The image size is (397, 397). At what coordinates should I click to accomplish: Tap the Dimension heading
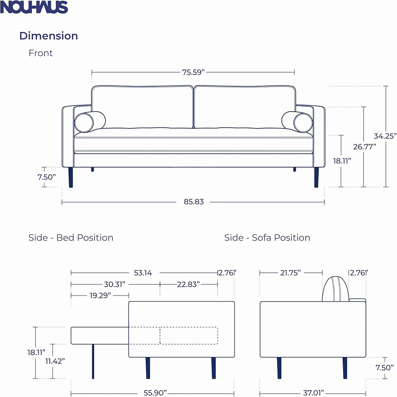(x=48, y=36)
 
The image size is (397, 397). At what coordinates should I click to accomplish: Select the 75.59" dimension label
(x=193, y=72)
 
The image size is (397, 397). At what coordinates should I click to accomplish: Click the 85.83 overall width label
(x=193, y=202)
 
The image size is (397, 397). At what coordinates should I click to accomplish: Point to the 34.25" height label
(x=385, y=136)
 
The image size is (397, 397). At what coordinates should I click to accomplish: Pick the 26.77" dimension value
(x=364, y=146)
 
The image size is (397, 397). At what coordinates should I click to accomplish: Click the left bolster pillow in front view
(x=90, y=122)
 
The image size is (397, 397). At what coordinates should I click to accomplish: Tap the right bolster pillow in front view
(x=297, y=122)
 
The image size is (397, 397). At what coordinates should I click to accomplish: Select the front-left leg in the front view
(x=71, y=177)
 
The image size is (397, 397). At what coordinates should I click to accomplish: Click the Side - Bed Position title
(x=71, y=238)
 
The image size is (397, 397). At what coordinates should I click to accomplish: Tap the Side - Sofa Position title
(x=267, y=238)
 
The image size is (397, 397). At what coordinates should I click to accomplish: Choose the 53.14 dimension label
(x=143, y=273)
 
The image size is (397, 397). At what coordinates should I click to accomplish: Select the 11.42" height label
(x=54, y=361)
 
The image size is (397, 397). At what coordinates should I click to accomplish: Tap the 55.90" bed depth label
(x=155, y=393)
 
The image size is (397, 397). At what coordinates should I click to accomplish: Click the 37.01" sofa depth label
(x=313, y=393)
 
